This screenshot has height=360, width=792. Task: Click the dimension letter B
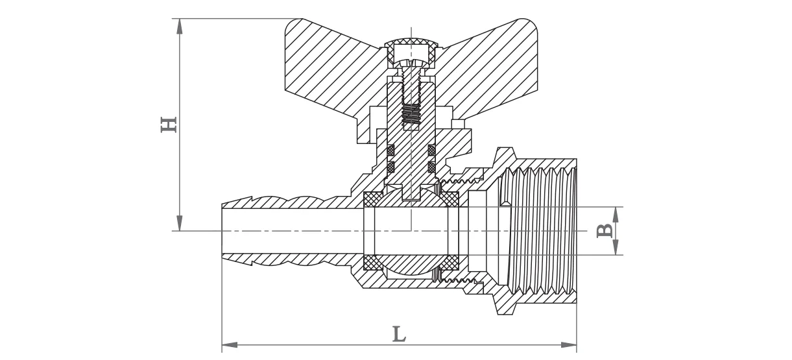[604, 231]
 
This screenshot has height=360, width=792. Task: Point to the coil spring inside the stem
[411, 115]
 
